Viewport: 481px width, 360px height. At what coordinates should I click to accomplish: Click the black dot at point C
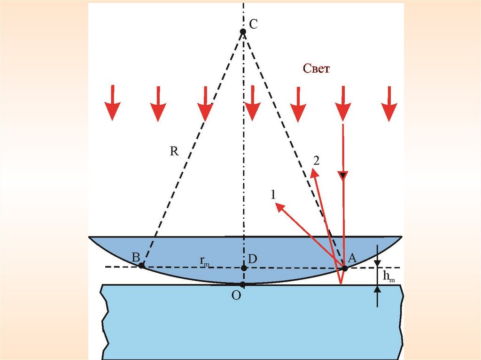pyautogui.click(x=243, y=32)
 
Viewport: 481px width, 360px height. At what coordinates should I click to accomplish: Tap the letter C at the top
pyautogui.click(x=253, y=25)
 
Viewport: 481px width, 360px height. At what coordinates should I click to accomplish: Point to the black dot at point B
pyautogui.click(x=141, y=265)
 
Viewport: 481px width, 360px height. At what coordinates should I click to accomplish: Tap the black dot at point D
pyautogui.click(x=243, y=268)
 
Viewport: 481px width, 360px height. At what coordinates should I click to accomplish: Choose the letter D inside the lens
pyautogui.click(x=253, y=259)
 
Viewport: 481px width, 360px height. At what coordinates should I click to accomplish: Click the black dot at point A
pyautogui.click(x=344, y=268)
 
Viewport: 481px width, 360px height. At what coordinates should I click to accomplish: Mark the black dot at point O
pyautogui.click(x=243, y=284)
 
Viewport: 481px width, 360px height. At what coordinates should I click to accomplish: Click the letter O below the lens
pyautogui.click(x=236, y=296)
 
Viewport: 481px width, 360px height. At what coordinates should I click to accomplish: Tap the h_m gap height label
pyautogui.click(x=389, y=277)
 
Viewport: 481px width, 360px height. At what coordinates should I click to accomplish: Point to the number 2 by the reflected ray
pyautogui.click(x=316, y=161)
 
